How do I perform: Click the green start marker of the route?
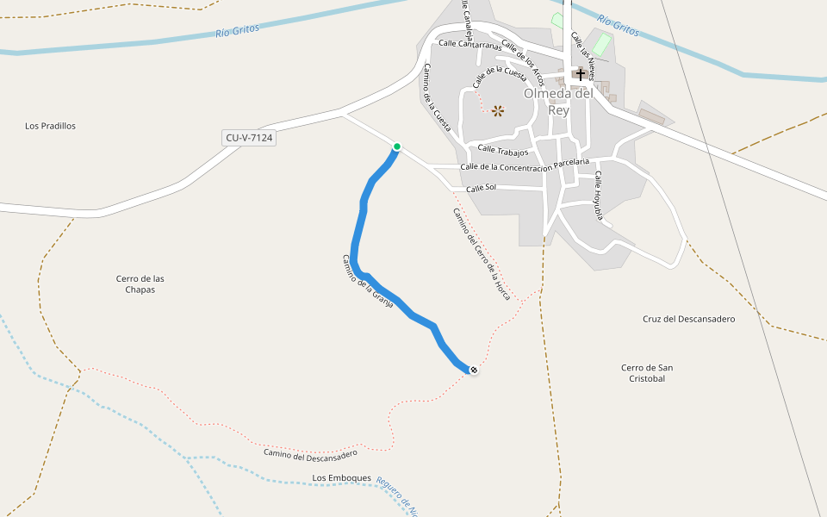point(397,146)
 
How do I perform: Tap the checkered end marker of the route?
point(473,370)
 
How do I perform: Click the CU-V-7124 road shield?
point(249,137)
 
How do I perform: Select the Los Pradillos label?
point(51,126)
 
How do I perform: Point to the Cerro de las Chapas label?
point(140,283)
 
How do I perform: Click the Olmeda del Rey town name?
point(559,102)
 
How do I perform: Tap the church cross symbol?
point(581,75)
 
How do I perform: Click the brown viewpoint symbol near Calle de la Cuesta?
point(498,110)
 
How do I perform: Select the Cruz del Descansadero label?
point(688,319)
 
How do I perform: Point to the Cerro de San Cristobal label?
point(647,373)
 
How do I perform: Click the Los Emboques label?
point(341,477)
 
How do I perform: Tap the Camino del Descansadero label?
point(310,454)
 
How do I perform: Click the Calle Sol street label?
point(482,188)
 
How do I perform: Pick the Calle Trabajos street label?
point(502,151)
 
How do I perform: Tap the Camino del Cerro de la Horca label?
point(482,254)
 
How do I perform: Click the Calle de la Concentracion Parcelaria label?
point(525,164)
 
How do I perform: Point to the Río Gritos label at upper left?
point(237,31)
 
